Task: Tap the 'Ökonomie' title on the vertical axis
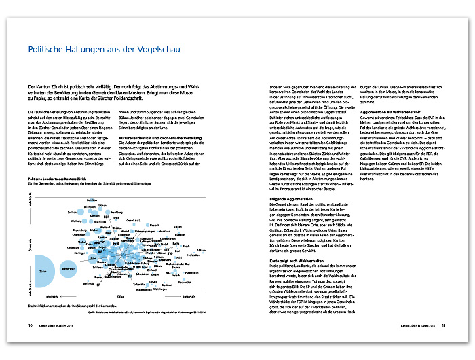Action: [x=29, y=245]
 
